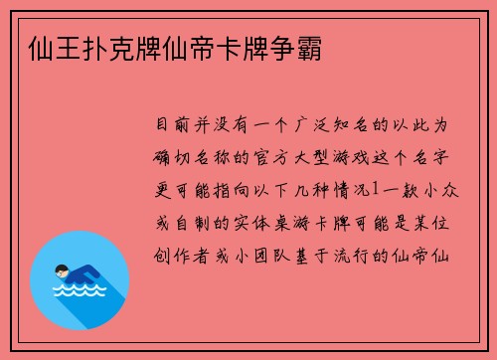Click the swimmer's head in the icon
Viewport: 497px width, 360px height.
point(63,267)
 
